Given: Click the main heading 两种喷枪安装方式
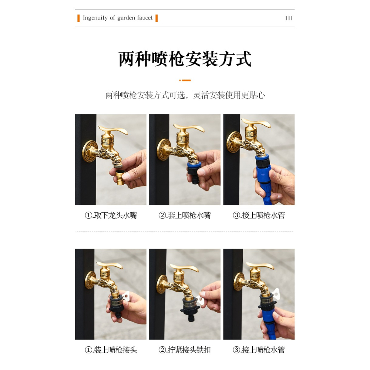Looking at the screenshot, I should (x=185, y=59).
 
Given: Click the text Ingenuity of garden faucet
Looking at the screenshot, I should (x=118, y=18).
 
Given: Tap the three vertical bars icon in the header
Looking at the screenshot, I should (x=289, y=18).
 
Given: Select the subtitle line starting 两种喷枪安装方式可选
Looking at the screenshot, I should (x=185, y=95).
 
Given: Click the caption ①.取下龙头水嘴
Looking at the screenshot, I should (x=111, y=215).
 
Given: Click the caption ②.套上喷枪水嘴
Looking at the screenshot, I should (x=185, y=215).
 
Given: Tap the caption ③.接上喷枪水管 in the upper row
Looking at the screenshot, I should (x=259, y=215).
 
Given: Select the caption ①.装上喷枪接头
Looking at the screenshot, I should (x=111, y=350).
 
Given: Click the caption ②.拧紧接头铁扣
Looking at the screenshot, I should (x=185, y=350).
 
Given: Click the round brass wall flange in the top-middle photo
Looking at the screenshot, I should (x=164, y=149).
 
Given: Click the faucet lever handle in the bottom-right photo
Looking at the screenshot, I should (x=261, y=266).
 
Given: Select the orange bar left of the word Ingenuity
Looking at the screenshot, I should (x=78, y=18).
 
